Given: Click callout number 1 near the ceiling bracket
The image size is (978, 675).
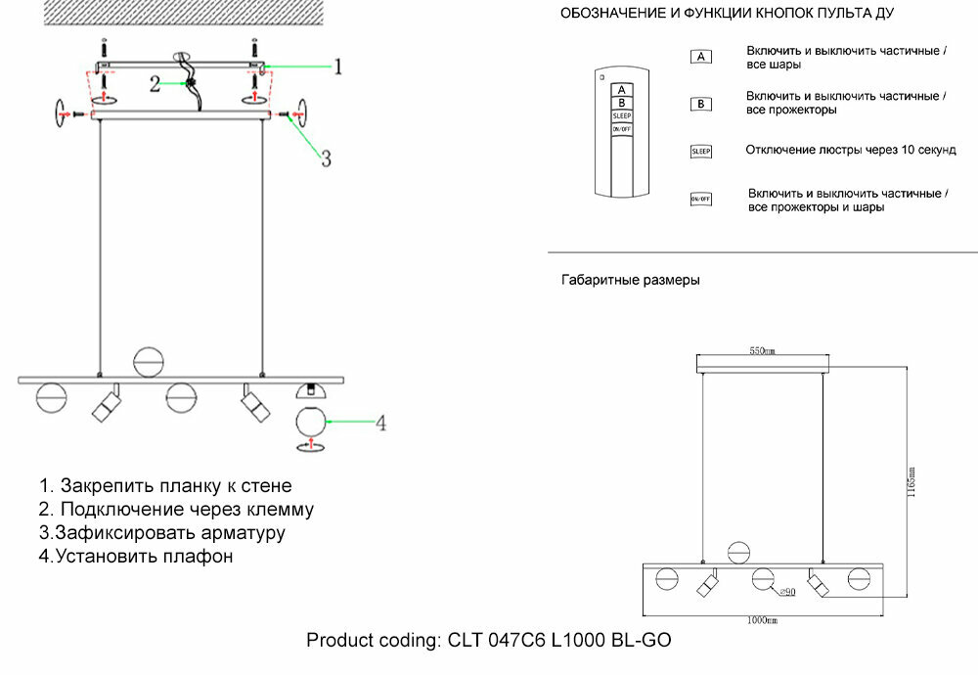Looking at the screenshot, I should point(337,67).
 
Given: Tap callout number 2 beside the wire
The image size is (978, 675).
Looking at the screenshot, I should point(155,84).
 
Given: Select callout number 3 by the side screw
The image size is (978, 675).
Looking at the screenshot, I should point(327,158).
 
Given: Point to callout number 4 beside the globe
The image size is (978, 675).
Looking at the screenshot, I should point(381,424).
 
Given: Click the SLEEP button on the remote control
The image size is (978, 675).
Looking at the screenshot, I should point(622,115).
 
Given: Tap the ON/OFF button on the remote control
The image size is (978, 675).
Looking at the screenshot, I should point(622,129).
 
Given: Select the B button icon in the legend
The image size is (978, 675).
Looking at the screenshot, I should point(700,104).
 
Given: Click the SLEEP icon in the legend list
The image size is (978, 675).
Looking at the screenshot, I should point(700,151).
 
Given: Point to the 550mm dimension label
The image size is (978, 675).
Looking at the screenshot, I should point(762,350).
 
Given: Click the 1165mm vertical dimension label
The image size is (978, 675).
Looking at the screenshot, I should point(911,482).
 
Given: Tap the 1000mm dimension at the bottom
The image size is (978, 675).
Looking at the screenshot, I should point(762,620).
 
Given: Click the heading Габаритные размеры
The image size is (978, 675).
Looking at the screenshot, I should point(630,280).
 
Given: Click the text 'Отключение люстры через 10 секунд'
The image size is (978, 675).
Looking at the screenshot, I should point(850,151).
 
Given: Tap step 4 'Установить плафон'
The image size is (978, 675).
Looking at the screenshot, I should point(137,558).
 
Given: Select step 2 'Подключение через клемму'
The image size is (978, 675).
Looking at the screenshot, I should point(176,510).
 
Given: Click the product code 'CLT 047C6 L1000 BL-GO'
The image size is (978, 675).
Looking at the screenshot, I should point(559,641).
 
